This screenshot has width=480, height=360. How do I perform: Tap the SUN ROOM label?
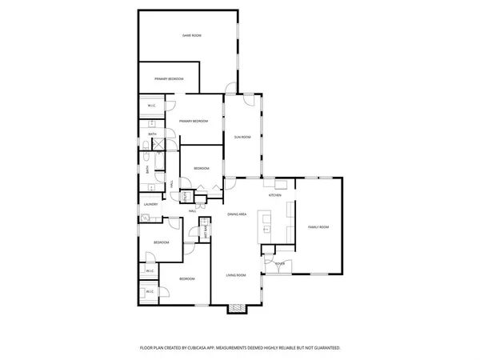pyautogui.click(x=242, y=137)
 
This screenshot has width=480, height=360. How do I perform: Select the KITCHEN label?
pyautogui.click(x=275, y=195)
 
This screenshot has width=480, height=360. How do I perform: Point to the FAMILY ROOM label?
pyautogui.click(x=318, y=227)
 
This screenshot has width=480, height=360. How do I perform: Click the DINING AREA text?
pyautogui.click(x=238, y=214)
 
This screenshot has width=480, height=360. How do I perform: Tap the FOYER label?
pyautogui.click(x=279, y=263)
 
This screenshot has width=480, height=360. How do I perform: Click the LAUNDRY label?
pyautogui.click(x=150, y=205)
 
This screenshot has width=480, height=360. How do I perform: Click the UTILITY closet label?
pyautogui.click(x=183, y=196)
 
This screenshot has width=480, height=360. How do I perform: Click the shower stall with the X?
pyautogui.click(x=158, y=145)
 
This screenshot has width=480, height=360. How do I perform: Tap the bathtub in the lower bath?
pyautogui.click(x=148, y=168)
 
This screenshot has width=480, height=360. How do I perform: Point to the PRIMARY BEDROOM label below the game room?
pyautogui.click(x=169, y=78)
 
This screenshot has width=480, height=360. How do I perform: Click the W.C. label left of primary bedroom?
pyautogui.click(x=151, y=106)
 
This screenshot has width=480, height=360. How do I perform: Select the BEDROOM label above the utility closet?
pyautogui.click(x=201, y=168)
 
